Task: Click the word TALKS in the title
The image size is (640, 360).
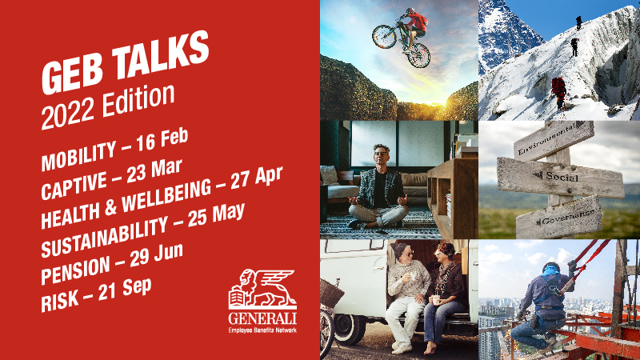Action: (x=161, y=55)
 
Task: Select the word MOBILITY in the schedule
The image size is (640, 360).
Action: (x=78, y=156)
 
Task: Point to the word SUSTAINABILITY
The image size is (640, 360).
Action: (x=105, y=237)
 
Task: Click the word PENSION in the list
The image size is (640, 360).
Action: (x=75, y=270)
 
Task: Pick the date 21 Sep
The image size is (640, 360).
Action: (x=125, y=289)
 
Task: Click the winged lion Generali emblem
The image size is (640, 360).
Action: (x=262, y=289)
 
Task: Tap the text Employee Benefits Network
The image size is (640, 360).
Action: (x=262, y=330)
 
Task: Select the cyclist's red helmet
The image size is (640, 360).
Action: (x=410, y=10)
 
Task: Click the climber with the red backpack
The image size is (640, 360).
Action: (x=558, y=93)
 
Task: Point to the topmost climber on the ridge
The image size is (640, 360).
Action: (x=578, y=22)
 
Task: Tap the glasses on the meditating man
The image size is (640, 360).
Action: (x=381, y=154)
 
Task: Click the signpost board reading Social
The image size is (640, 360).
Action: (x=560, y=177)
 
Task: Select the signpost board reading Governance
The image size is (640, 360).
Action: (x=559, y=217)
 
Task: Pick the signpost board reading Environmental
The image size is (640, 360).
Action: (x=554, y=140)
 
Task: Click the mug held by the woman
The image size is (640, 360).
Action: (x=436, y=300)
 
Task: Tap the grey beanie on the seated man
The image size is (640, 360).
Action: (x=399, y=249)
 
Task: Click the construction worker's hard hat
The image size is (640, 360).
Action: (x=551, y=267)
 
